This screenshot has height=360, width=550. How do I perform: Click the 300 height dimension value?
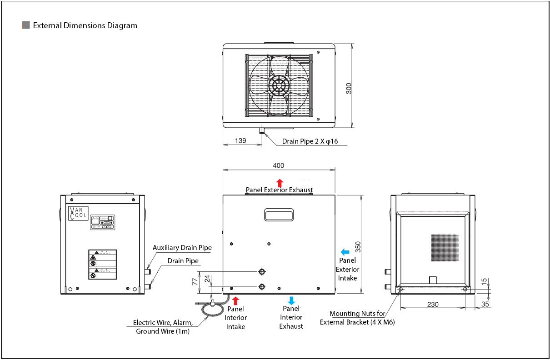tap(349, 88)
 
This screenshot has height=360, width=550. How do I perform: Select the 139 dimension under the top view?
tap(240, 141)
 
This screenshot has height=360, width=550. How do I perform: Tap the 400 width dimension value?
tap(279, 165)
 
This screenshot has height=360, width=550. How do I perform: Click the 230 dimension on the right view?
tap(433, 304)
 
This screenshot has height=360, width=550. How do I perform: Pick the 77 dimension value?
tap(195, 282)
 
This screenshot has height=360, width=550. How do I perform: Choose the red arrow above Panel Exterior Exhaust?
tap(280, 183)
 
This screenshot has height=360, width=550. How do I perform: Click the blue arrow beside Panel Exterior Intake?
tap(345, 251)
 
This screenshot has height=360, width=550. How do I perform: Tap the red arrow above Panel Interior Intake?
tap(235, 300)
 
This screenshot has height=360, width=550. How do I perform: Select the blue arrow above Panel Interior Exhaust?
tap(291, 300)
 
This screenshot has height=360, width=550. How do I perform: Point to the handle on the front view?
tap(279, 214)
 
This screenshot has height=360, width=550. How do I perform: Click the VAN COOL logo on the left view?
tap(78, 213)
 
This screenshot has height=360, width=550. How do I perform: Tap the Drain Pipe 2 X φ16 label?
tap(310, 141)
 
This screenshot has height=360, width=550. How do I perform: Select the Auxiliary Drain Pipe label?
tap(182, 248)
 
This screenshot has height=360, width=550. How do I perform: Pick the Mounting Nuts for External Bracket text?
tap(357, 318)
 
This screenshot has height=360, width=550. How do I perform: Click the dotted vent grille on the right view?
tap(445, 248)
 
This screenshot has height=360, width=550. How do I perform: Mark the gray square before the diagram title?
tap(26, 25)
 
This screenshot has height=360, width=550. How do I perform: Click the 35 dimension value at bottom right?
tap(485, 304)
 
